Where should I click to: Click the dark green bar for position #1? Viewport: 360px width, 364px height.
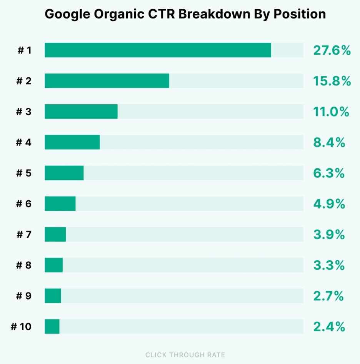[158, 50]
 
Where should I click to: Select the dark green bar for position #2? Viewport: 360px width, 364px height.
[107, 81]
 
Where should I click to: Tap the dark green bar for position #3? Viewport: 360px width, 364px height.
[81, 112]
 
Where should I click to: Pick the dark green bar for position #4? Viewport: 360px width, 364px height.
[72, 142]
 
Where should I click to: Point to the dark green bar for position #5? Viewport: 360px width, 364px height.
[64, 173]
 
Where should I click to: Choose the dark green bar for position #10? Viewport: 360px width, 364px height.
[52, 327]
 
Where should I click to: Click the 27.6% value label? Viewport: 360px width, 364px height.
[332, 50]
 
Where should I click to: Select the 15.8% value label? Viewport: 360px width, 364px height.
[332, 81]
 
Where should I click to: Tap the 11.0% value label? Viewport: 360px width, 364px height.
[331, 112]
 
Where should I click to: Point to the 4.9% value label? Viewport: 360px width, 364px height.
[329, 204]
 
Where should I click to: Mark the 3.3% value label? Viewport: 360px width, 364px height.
[329, 265]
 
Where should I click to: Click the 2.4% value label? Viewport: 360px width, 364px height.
[329, 327]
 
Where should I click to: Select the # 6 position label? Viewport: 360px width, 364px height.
[24, 204]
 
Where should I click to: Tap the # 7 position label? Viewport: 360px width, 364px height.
[24, 235]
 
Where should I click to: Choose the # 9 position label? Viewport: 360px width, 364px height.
[24, 296]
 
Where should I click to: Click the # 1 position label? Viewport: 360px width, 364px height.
[24, 50]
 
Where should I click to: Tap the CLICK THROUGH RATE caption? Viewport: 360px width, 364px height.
[185, 355]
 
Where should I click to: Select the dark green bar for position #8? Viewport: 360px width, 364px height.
[54, 265]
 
